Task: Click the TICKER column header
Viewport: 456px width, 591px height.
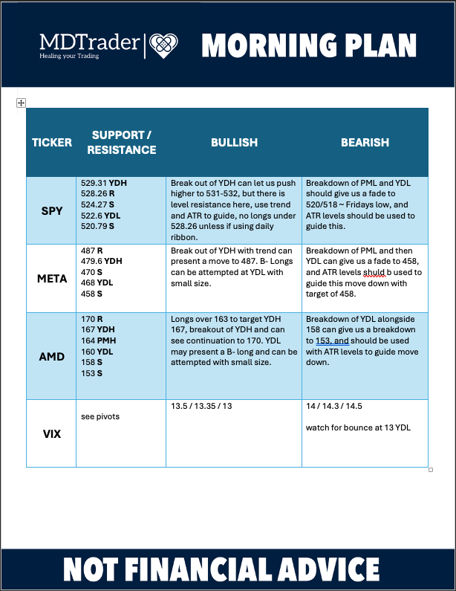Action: point(51,142)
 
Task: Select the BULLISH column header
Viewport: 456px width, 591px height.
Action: point(234,142)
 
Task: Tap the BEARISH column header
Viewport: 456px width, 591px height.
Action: point(365,142)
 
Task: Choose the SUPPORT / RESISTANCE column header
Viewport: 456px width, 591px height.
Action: point(121,142)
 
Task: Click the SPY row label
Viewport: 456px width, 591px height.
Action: point(51,210)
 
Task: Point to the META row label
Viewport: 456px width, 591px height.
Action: point(51,279)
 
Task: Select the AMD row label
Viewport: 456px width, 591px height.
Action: point(51,356)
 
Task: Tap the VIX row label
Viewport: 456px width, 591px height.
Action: point(51,433)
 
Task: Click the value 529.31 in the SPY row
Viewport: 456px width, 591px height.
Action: point(94,183)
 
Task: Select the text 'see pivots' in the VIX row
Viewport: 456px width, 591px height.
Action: point(100,416)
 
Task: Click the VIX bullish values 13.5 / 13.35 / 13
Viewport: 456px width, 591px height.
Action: point(201,407)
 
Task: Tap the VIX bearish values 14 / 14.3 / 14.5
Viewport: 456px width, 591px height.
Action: point(334,407)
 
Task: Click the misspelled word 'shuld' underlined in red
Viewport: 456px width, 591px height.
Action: point(374,272)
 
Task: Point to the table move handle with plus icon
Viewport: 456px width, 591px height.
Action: point(21,103)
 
